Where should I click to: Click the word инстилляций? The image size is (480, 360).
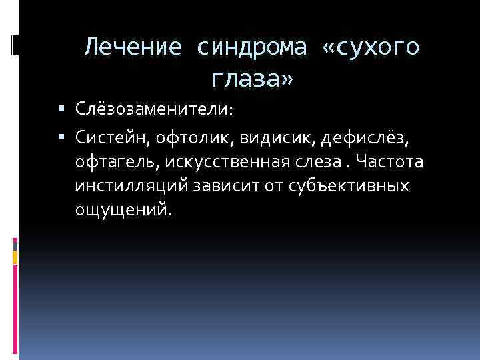tap(131, 186)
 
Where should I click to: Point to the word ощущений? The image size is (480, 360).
tap(123, 211)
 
